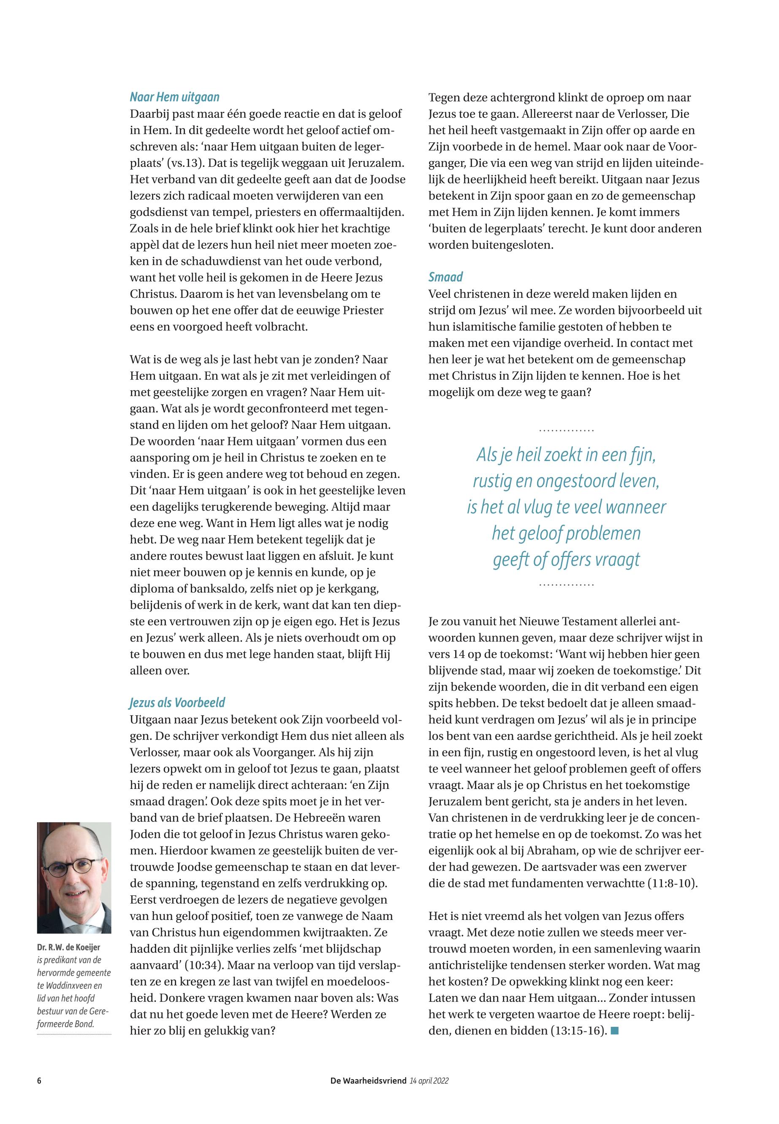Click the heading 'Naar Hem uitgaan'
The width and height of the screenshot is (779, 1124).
pyautogui.click(x=174, y=97)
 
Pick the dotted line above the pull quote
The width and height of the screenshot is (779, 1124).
pyautogui.click(x=566, y=430)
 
